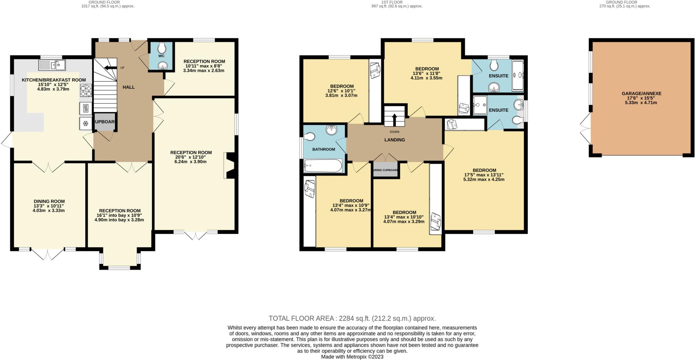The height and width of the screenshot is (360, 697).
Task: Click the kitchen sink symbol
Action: [52, 65]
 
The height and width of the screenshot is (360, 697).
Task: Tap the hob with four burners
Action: [86, 91]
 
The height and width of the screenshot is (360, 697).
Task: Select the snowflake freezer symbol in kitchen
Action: [86, 123]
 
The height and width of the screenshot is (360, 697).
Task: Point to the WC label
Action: [161, 56]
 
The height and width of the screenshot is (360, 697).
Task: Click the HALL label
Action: [129, 87]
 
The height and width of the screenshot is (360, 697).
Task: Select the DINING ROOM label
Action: [49, 201]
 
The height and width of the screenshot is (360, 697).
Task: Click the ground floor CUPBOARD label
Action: [104, 122]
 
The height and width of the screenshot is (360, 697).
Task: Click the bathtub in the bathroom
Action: [323, 166]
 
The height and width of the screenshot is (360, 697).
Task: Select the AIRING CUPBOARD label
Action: [386, 170]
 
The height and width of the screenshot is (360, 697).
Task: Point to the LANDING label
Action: [394, 140]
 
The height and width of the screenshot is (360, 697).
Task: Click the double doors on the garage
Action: [586, 129]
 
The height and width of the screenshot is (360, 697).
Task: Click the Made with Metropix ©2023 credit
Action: [352, 357]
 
